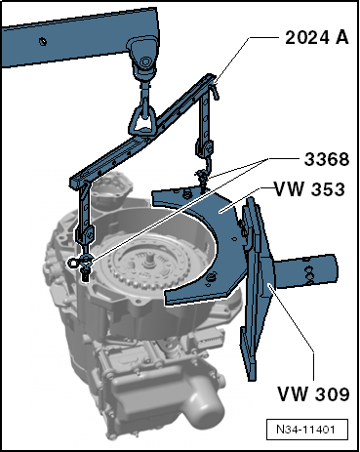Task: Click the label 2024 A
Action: [317, 38]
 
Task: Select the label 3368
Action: [327, 159]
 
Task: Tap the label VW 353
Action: [309, 189]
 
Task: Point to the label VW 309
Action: [313, 393]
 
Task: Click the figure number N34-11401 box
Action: [306, 430]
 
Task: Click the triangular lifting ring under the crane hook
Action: [141, 119]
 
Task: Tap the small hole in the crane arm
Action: [43, 41]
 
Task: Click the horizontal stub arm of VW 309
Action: [304, 271]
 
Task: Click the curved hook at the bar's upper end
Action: [216, 90]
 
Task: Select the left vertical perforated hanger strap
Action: [86, 215]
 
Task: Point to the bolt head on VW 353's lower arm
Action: [212, 277]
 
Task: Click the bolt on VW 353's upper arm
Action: [186, 194]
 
